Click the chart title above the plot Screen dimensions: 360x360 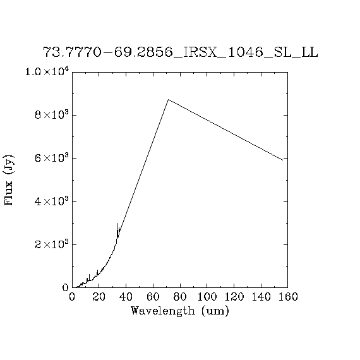(x=181, y=52)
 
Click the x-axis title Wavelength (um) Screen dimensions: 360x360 (x=180, y=311)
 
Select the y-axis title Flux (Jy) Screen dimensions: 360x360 (x=9, y=180)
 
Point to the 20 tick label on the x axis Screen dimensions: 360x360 (x=99, y=297)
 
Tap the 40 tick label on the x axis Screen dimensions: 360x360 (x=126, y=297)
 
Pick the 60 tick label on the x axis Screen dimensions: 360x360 (x=153, y=297)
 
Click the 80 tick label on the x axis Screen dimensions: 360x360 (x=180, y=297)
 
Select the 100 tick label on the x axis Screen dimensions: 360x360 (x=207, y=297)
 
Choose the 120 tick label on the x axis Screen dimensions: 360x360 (x=234, y=297)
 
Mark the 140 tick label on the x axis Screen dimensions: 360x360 (x=261, y=297)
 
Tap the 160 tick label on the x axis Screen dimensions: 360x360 (x=288, y=297)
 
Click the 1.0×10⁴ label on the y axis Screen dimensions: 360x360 (x=47, y=71)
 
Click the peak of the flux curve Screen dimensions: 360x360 (x=168, y=100)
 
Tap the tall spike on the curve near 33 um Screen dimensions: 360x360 (x=117, y=223)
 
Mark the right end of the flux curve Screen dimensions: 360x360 (x=282, y=160)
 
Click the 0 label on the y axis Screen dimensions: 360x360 (x=66, y=287)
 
